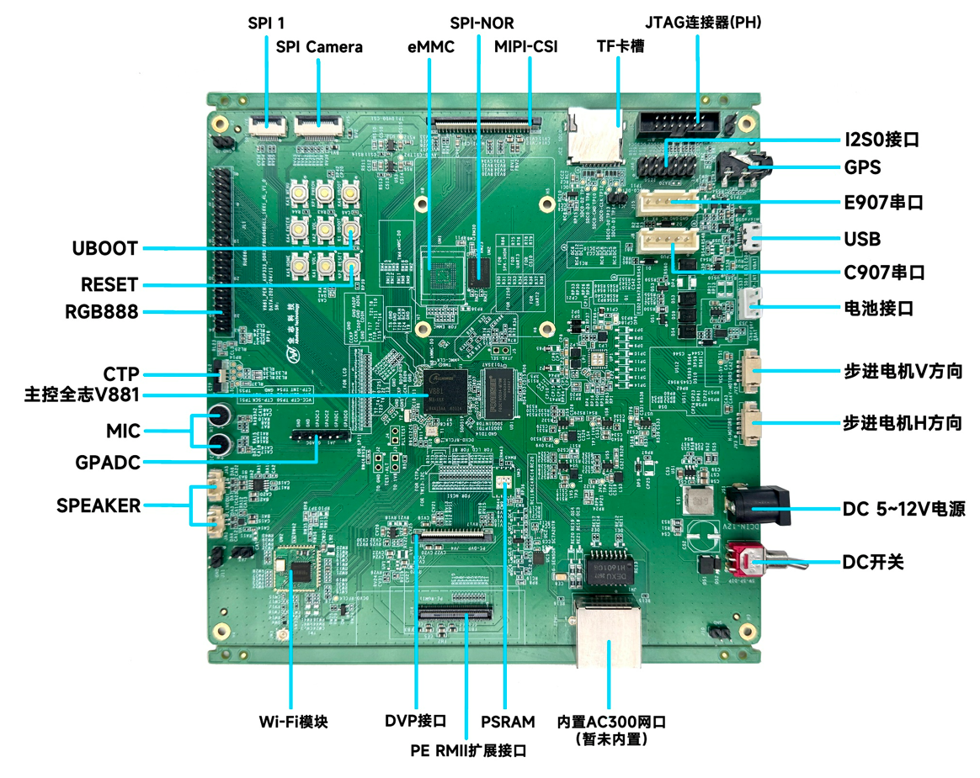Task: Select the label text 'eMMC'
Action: tap(430, 47)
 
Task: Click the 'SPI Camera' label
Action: tap(319, 47)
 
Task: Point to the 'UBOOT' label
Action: tap(104, 249)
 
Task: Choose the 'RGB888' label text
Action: tap(101, 313)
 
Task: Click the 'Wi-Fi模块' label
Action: tap(293, 722)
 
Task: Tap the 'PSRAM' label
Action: tap(508, 722)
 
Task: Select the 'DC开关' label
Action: tap(873, 561)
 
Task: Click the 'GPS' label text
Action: tap(862, 167)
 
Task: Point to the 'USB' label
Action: tap(861, 239)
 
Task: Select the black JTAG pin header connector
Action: tap(678, 124)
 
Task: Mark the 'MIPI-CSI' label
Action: tap(525, 47)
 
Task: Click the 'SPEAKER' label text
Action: tap(99, 506)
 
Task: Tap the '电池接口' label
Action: tap(878, 308)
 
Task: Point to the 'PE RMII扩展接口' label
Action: tap(468, 749)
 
